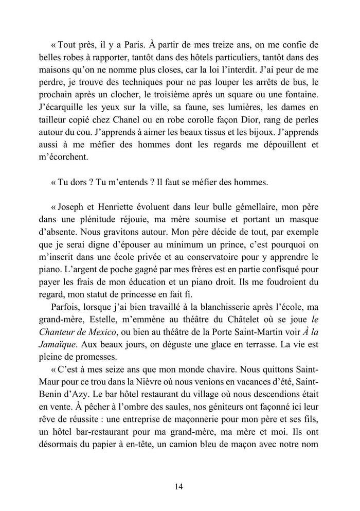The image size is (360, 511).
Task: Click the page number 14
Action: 179,486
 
